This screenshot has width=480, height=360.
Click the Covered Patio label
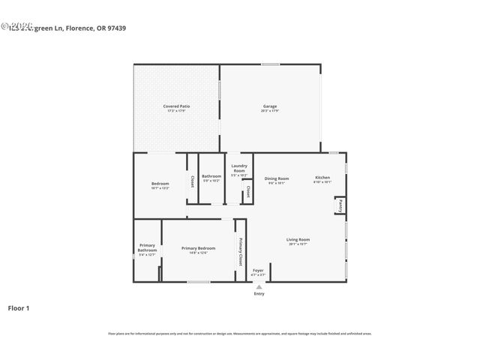click(x=176, y=107)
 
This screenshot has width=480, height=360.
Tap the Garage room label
click(x=270, y=107)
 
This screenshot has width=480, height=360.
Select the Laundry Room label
click(x=239, y=169)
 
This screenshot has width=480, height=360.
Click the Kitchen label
click(x=322, y=178)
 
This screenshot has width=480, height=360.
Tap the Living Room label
click(x=298, y=241)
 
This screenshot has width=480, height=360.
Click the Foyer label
click(x=258, y=271)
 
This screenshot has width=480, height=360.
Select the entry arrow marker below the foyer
click(x=259, y=286)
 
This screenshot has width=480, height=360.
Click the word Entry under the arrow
click(x=259, y=294)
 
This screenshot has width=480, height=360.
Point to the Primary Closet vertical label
click(x=241, y=251)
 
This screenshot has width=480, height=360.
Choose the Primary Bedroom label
click(x=198, y=249)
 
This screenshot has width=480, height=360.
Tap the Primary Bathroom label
click(x=147, y=249)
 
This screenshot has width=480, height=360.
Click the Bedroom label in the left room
click(x=160, y=184)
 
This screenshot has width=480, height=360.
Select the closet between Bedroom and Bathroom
click(x=192, y=180)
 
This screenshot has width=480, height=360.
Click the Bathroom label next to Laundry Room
click(x=211, y=177)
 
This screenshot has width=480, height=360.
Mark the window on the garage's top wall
click(x=270, y=64)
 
